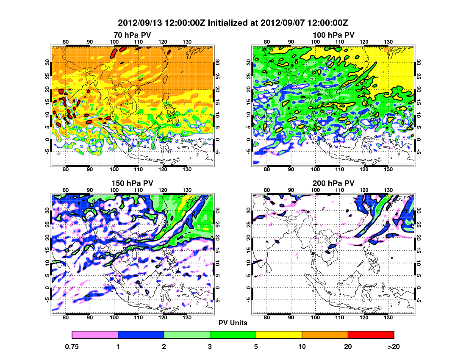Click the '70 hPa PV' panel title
pos(132,35)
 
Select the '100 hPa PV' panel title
pos(333,35)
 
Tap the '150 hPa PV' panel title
pos(132,183)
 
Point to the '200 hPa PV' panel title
pos(333,183)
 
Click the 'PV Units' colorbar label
pos(233,323)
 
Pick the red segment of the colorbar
pos(371,335)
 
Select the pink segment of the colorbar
pos(95,335)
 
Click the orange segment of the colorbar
pos(325,335)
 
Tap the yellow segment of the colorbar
pos(279,335)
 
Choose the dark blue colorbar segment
pos(141,335)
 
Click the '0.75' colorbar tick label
pos(72,346)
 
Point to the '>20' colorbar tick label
pos(394,346)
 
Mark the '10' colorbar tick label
pos(302,346)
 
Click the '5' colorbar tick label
pos(256,346)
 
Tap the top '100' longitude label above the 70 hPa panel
pos(114,42)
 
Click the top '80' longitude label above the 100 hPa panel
pos(267,42)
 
